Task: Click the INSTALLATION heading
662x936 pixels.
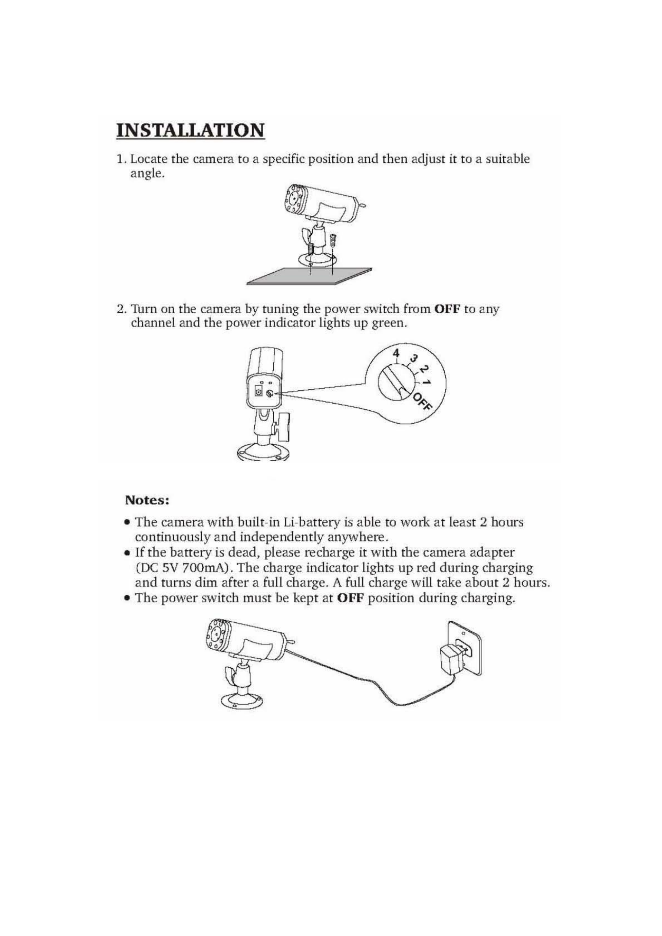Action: coord(191,130)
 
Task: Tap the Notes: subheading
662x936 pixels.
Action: coord(147,500)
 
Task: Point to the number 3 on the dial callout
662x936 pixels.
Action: coord(413,359)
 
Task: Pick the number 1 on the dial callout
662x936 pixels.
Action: coord(426,383)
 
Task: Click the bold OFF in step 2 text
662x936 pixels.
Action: coord(447,309)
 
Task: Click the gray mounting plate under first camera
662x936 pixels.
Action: coord(309,277)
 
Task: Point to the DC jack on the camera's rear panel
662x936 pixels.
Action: coord(258,392)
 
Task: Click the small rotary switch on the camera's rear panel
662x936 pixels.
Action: coord(270,393)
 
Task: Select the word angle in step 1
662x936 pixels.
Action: coord(147,174)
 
